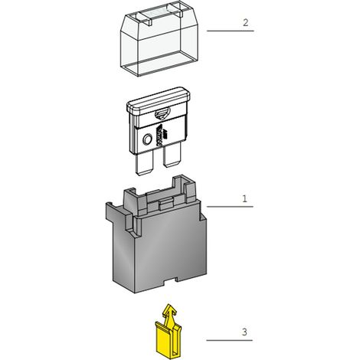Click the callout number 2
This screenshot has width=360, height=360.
pos(245,23)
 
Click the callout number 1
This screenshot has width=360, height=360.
pos(244,198)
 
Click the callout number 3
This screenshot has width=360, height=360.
pos(244,332)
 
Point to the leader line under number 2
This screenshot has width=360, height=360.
pos(231,31)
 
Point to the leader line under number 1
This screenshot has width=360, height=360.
pos(230,207)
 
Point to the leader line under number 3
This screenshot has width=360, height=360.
pos(229,340)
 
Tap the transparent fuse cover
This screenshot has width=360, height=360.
pos(159,41)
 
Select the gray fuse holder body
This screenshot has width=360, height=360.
pos(156,243)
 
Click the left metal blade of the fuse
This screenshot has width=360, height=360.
pos(144,163)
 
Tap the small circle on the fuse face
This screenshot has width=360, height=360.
pos(147,139)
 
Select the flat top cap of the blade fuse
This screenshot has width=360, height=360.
pos(159,101)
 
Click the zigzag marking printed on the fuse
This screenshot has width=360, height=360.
pos(160,136)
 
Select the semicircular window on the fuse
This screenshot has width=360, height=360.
pos(162,114)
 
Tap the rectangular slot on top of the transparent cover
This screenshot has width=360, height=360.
pos(162,15)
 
